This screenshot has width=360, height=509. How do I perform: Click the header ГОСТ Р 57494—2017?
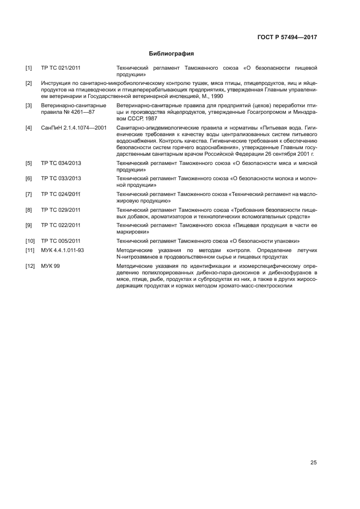286,38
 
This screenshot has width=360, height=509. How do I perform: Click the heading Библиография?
172,54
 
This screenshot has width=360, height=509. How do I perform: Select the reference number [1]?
29,68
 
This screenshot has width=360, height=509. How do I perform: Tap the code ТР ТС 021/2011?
61,68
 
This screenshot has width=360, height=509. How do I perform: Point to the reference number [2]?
29,83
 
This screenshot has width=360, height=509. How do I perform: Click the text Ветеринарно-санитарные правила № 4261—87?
67,108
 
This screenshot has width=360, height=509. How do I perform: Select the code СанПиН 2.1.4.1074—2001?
74,128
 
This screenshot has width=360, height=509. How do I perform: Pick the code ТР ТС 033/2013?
61,179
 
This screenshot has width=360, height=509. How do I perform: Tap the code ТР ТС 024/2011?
61,194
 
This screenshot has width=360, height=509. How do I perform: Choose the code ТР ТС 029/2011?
61,210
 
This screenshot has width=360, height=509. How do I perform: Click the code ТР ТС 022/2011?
61,225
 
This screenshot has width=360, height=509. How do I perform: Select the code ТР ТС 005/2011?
61,241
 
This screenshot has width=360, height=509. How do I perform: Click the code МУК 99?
51,266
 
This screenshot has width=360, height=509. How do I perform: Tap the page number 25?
313,463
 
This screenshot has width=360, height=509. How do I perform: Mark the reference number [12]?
30,266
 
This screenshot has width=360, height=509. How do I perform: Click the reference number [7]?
29,194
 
